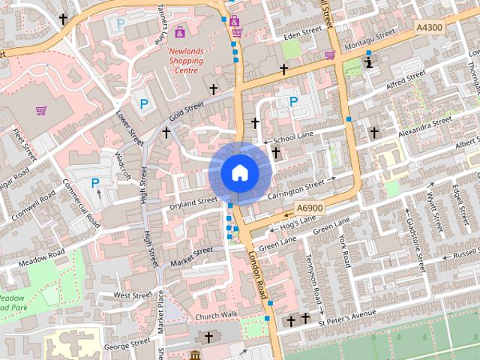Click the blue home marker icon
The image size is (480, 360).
pos(239,172)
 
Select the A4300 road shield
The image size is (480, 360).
pos(429,27)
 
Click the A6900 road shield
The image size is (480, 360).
pos(309,208)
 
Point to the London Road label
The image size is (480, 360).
pos(257,275)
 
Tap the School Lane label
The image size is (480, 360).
pos(292,139)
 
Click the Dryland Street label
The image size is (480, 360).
pos(193,202)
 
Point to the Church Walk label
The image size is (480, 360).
pos(216,316)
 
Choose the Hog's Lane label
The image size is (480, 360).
pos(299,224)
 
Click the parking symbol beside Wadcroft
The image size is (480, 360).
pos(95,182)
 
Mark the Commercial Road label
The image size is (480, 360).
pos(81,203)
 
